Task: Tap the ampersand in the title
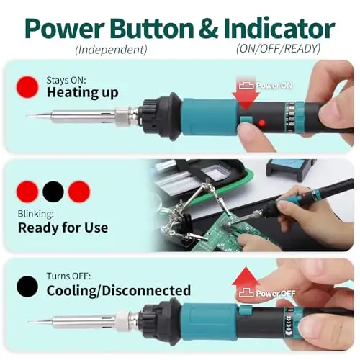(x=209, y=29)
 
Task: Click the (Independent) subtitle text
(x=111, y=50)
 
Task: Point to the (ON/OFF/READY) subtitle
(x=278, y=49)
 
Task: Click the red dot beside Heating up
(x=27, y=87)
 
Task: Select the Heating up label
(x=82, y=93)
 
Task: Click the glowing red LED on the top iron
(x=262, y=123)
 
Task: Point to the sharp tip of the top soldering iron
(x=27, y=117)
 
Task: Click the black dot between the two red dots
(x=53, y=192)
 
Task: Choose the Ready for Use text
(x=63, y=228)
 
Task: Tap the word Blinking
(x=35, y=214)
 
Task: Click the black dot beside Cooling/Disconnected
(x=27, y=287)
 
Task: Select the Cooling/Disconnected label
(x=119, y=291)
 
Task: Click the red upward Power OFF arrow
(x=246, y=283)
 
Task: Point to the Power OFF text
(x=275, y=293)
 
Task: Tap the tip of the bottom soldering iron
(x=30, y=322)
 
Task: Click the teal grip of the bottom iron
(x=208, y=323)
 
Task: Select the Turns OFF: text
(x=68, y=276)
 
